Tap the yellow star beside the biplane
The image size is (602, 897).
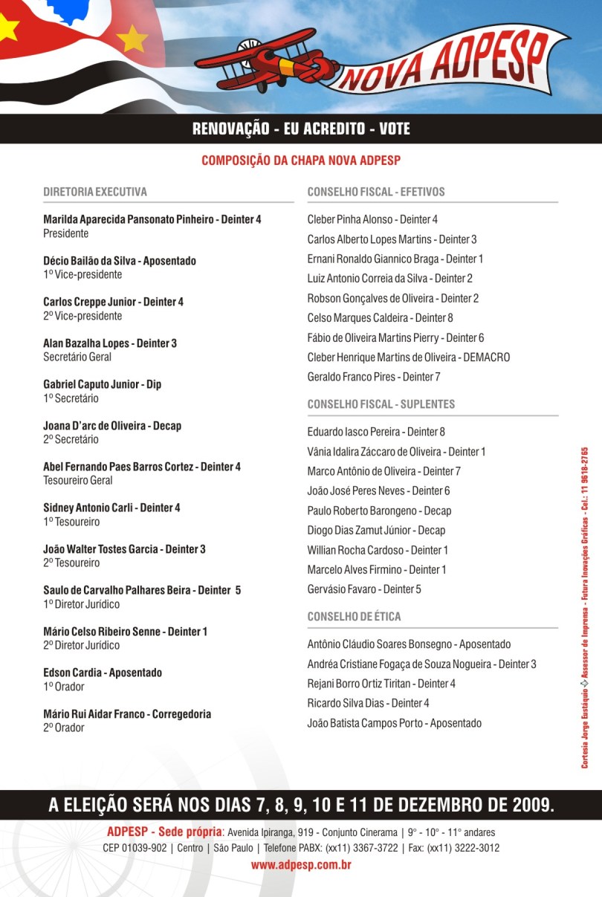pos(133,38)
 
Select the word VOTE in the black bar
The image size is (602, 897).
pos(394,129)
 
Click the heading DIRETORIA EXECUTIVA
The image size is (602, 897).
pos(95,192)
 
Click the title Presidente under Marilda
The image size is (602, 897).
pos(66,233)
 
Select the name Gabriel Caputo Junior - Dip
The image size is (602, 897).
pos(102,384)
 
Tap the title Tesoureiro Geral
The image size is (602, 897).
pos(78,480)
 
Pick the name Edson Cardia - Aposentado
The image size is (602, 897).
pos(103,673)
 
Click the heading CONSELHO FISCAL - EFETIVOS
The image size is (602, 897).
pos(376,192)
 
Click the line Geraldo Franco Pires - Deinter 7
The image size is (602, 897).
pos(374,377)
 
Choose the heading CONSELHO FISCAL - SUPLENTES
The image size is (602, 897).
pos(381,404)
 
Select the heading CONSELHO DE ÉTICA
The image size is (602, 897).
pos(354,617)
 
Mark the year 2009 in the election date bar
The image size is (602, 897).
pos(531,805)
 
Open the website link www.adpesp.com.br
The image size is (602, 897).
pos(301,865)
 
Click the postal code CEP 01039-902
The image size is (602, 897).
pos(135,848)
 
